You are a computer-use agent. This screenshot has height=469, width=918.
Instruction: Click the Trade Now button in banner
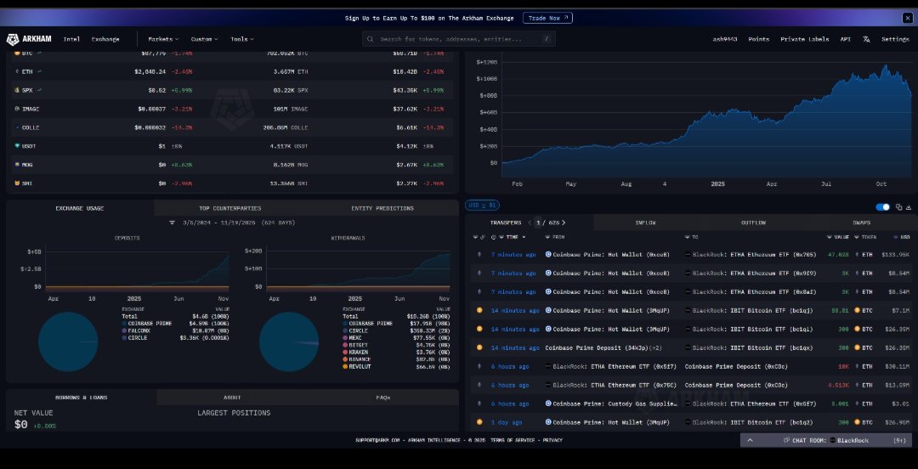point(548,18)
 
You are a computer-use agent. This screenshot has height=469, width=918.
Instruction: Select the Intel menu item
point(71,39)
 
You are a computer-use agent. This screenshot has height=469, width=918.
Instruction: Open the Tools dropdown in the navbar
point(241,39)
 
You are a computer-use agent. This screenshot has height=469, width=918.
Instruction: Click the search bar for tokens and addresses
point(459,39)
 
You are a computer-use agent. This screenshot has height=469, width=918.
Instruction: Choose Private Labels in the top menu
point(804,39)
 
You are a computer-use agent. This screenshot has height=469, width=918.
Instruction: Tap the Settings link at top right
point(894,39)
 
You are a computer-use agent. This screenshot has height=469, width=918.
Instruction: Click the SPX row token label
point(30,90)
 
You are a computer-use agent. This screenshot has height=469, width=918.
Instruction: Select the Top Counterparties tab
point(229,208)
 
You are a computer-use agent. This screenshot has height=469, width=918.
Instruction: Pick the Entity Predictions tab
point(382,208)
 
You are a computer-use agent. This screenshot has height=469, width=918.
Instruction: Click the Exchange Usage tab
point(80,208)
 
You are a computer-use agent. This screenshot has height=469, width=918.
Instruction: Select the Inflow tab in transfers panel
point(645,223)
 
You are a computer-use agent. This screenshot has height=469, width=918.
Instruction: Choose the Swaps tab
point(861,223)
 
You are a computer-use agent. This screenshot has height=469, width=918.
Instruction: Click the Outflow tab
point(753,223)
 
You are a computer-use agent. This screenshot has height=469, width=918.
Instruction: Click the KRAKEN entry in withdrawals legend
point(359,351)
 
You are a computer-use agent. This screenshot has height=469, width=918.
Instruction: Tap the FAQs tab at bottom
point(382,397)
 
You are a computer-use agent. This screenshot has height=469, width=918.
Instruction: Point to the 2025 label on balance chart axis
point(717,184)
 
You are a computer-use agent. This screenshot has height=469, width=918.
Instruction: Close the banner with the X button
point(907,18)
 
